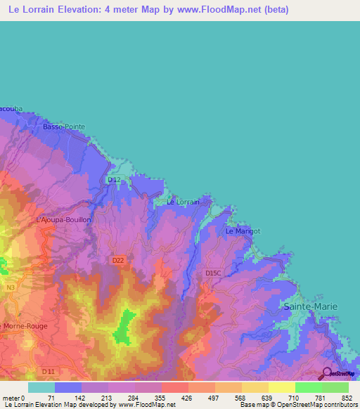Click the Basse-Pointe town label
(64, 126)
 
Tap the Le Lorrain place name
(183, 202)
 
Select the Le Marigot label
(243, 231)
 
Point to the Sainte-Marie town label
(310, 307)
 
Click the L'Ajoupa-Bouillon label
(64, 219)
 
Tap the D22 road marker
(118, 260)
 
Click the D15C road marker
(213, 273)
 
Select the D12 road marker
(113, 180)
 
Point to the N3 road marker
(11, 287)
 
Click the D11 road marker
(49, 370)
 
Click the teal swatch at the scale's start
(41, 387)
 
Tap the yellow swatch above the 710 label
(282, 387)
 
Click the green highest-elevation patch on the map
(123, 327)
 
